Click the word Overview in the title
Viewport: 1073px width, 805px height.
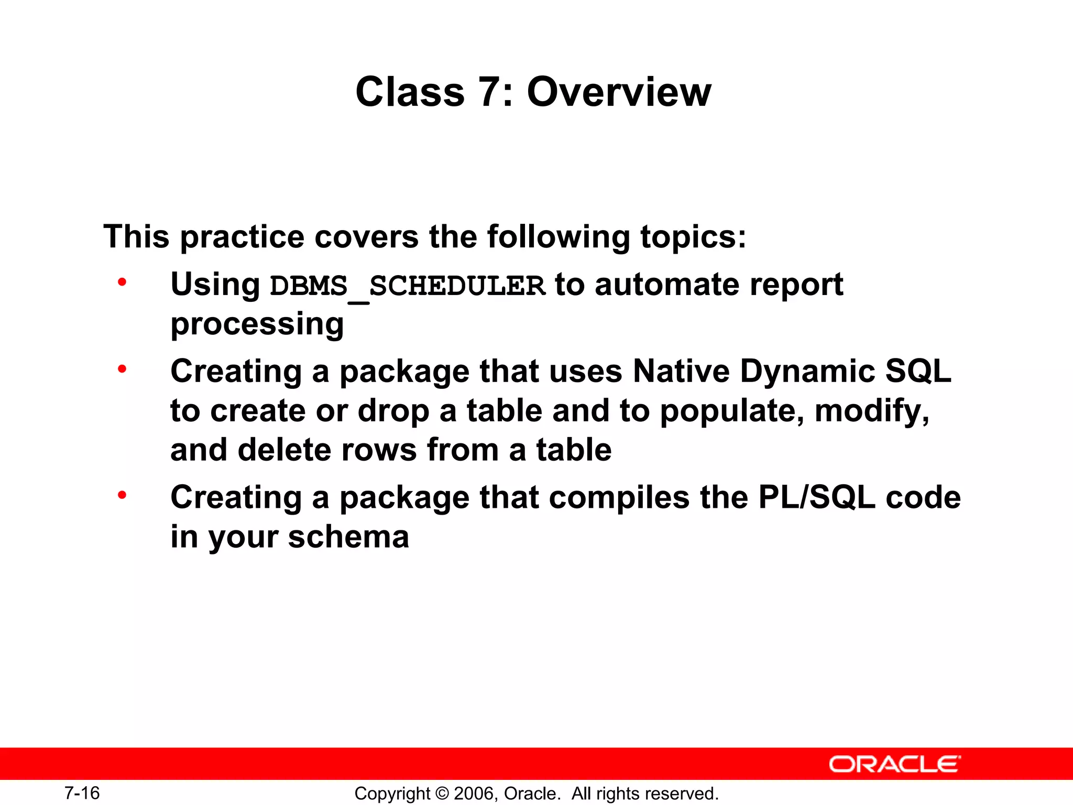coord(619,92)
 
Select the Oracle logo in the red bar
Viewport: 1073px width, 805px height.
coord(895,764)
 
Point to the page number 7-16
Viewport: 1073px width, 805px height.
coord(82,793)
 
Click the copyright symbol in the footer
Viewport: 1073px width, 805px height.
coord(442,793)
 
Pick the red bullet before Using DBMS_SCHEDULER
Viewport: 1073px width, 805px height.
coord(122,283)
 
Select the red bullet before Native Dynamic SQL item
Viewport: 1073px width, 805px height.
coord(122,369)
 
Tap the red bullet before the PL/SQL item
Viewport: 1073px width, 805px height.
coord(122,495)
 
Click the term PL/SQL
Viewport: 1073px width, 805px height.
coord(816,497)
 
